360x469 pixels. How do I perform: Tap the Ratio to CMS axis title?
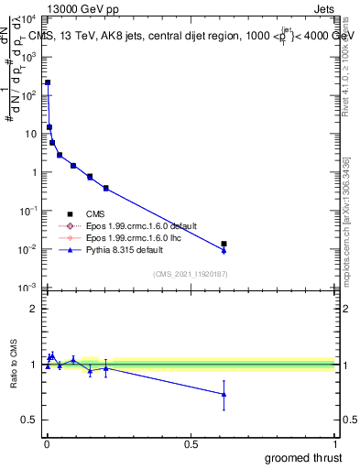coord(14,364)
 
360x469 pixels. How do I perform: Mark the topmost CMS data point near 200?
coord(48,82)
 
